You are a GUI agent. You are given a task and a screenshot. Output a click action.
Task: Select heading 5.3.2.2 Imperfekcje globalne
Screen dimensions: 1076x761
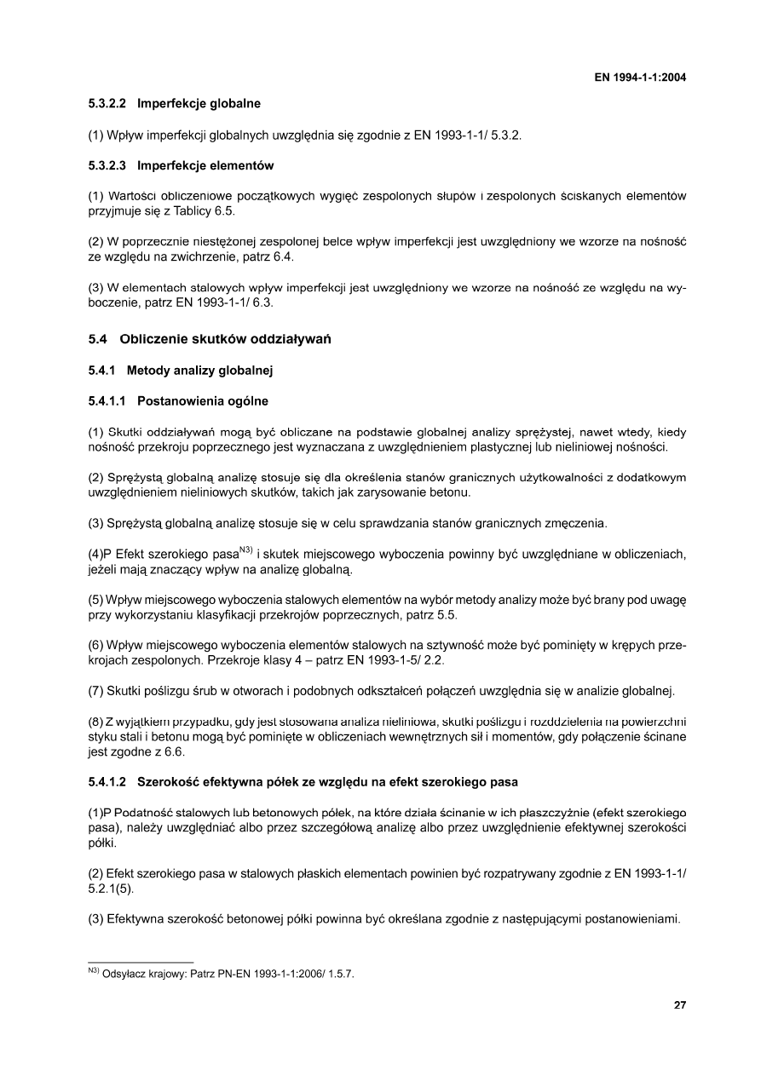[x=174, y=104]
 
